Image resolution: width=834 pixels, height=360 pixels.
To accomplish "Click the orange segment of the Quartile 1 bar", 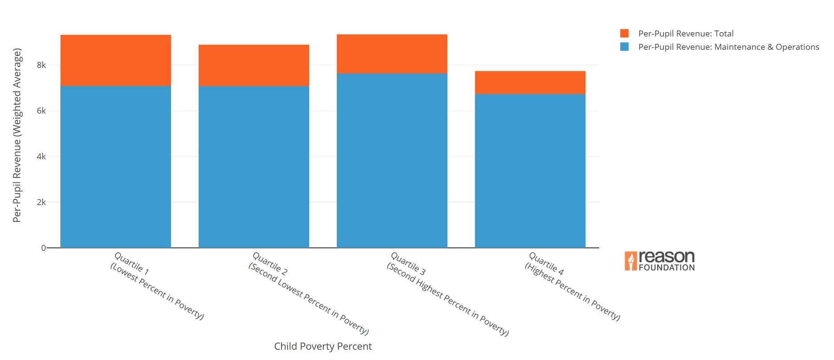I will click(115, 60).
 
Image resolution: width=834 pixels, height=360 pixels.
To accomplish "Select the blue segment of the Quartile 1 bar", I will click(115, 167).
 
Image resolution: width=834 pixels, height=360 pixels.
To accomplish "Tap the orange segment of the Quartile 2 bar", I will click(253, 65).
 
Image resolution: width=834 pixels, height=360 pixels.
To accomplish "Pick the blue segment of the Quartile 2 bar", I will click(253, 167).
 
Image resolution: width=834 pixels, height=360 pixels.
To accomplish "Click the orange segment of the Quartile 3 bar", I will click(392, 54).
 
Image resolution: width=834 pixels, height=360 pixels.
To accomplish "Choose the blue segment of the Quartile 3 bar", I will click(392, 160).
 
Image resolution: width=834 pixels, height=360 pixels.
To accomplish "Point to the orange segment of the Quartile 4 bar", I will click(530, 82).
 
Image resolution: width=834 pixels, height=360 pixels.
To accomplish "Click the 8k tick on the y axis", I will click(41, 65).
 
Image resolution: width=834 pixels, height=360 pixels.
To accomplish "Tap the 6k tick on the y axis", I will click(41, 111).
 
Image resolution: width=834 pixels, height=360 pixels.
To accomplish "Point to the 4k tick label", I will click(41, 157).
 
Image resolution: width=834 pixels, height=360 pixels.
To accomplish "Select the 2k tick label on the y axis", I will click(41, 202).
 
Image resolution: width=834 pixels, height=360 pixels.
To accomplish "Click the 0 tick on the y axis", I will click(43, 248).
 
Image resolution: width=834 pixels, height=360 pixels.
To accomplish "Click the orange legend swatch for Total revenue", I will click(624, 33).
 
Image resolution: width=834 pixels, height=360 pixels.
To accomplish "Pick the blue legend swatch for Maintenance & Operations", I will click(624, 47).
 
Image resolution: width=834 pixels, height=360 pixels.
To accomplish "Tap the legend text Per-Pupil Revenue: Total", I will click(686, 33).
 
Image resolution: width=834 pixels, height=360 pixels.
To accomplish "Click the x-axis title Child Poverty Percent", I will click(323, 346).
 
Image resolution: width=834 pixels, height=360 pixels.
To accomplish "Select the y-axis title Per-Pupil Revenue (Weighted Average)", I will click(17, 135).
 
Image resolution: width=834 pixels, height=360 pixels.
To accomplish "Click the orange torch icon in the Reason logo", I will click(630, 261).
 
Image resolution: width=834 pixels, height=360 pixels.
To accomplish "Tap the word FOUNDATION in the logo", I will click(666, 268).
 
